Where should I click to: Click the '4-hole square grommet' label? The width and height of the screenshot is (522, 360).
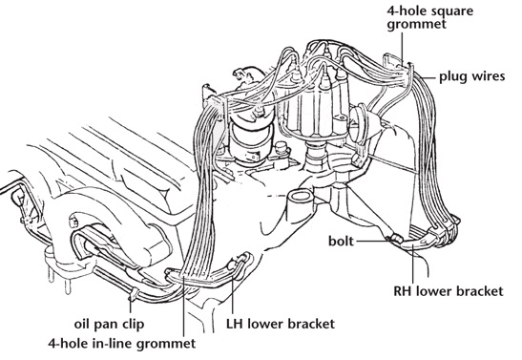pos(429,18)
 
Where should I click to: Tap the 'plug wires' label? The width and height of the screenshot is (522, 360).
pos(472,76)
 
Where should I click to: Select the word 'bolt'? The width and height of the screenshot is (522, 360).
pos(341,241)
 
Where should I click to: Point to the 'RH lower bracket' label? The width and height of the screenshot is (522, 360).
pos(449,291)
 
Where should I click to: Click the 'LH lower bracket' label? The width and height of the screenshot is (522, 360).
pos(281,324)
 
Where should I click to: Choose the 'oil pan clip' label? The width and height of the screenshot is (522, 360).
pos(109,324)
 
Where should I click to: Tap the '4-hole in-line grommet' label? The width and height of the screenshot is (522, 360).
pos(122,344)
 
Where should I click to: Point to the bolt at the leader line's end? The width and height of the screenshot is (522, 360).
pos(396,239)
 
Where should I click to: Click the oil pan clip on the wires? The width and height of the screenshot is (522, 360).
pos(133,294)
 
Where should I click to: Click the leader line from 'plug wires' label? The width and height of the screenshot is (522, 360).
pos(428,78)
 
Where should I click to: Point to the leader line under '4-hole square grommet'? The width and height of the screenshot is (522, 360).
pos(402,47)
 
